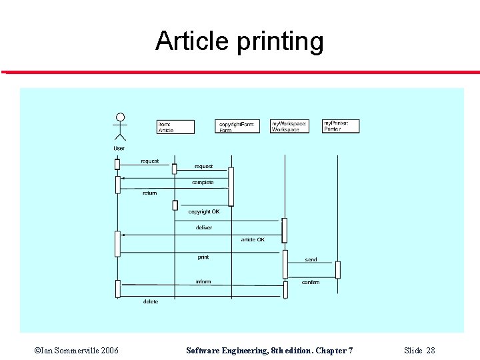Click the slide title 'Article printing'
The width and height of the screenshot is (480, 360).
pyautogui.click(x=239, y=41)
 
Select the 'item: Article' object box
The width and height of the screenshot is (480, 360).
pyautogui.click(x=175, y=127)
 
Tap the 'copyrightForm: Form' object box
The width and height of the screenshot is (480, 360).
pyautogui.click(x=239, y=127)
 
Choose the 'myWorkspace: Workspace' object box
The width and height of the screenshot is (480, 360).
pyautogui.click(x=289, y=126)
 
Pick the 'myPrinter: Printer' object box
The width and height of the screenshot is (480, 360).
pyautogui.click(x=340, y=126)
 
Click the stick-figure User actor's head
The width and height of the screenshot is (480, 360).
pyautogui.click(x=120, y=117)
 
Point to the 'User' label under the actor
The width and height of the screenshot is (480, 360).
pyautogui.click(x=119, y=148)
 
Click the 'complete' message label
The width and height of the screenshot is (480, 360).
pyautogui.click(x=203, y=182)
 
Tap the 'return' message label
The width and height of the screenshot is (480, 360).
pyautogui.click(x=149, y=193)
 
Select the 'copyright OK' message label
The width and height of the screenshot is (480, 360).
pyautogui.click(x=203, y=211)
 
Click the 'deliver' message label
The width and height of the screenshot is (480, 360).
pyautogui.click(x=204, y=228)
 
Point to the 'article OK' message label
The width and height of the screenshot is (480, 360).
pyautogui.click(x=253, y=239)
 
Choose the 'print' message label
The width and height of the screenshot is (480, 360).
pyautogui.click(x=203, y=257)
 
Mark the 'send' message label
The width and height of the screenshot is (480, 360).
pyautogui.click(x=311, y=259)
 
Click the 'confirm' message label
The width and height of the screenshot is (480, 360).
pyautogui.click(x=311, y=282)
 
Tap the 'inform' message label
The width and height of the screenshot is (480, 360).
pyautogui.click(x=203, y=281)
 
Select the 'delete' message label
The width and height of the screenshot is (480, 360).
pyautogui.click(x=151, y=301)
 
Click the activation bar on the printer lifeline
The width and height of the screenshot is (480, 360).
pyautogui.click(x=337, y=269)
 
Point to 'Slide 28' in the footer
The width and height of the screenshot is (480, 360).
pyautogui.click(x=419, y=351)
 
